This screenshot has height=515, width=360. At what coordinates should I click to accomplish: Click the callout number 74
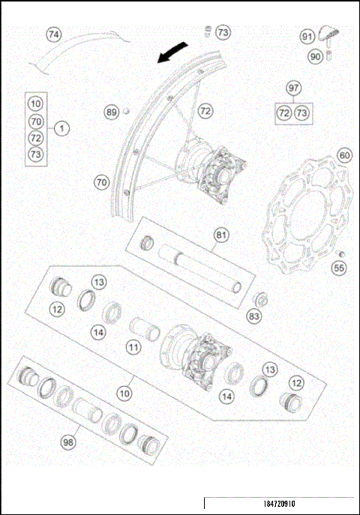coord(53,34)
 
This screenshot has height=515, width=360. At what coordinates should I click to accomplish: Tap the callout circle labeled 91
coord(307,36)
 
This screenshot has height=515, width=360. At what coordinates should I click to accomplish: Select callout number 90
coord(315,55)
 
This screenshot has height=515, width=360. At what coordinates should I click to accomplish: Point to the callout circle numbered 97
coord(293,88)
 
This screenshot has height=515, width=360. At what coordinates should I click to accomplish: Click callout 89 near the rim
coord(112,112)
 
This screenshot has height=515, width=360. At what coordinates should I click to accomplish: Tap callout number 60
coord(344,156)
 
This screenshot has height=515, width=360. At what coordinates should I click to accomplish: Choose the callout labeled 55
coord(340,267)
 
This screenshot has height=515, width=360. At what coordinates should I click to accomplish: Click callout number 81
coord(220,235)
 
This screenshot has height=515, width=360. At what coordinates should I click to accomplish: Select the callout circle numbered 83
coord(255,317)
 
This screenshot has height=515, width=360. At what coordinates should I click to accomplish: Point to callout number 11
coord(133,347)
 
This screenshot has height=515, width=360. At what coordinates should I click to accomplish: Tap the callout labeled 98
coord(69,442)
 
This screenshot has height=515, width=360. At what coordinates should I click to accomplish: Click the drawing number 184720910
coord(280,506)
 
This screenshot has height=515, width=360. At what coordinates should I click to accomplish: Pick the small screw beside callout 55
coord(338,253)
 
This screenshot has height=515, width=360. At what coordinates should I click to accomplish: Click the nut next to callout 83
coord(261,301)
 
